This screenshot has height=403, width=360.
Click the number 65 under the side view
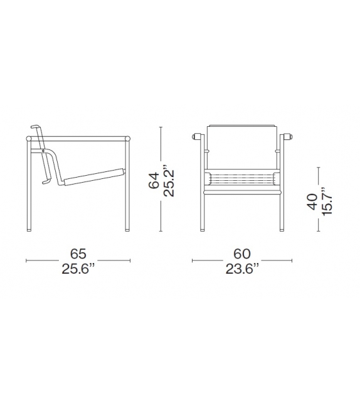click(x=78, y=254)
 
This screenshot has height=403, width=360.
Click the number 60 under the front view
click(x=243, y=254)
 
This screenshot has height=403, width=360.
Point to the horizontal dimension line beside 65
click(x=44, y=260)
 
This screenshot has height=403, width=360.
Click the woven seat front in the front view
click(x=243, y=179)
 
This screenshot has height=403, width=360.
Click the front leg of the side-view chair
click(x=129, y=188)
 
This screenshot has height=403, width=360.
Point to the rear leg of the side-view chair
click(x=28, y=188)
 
